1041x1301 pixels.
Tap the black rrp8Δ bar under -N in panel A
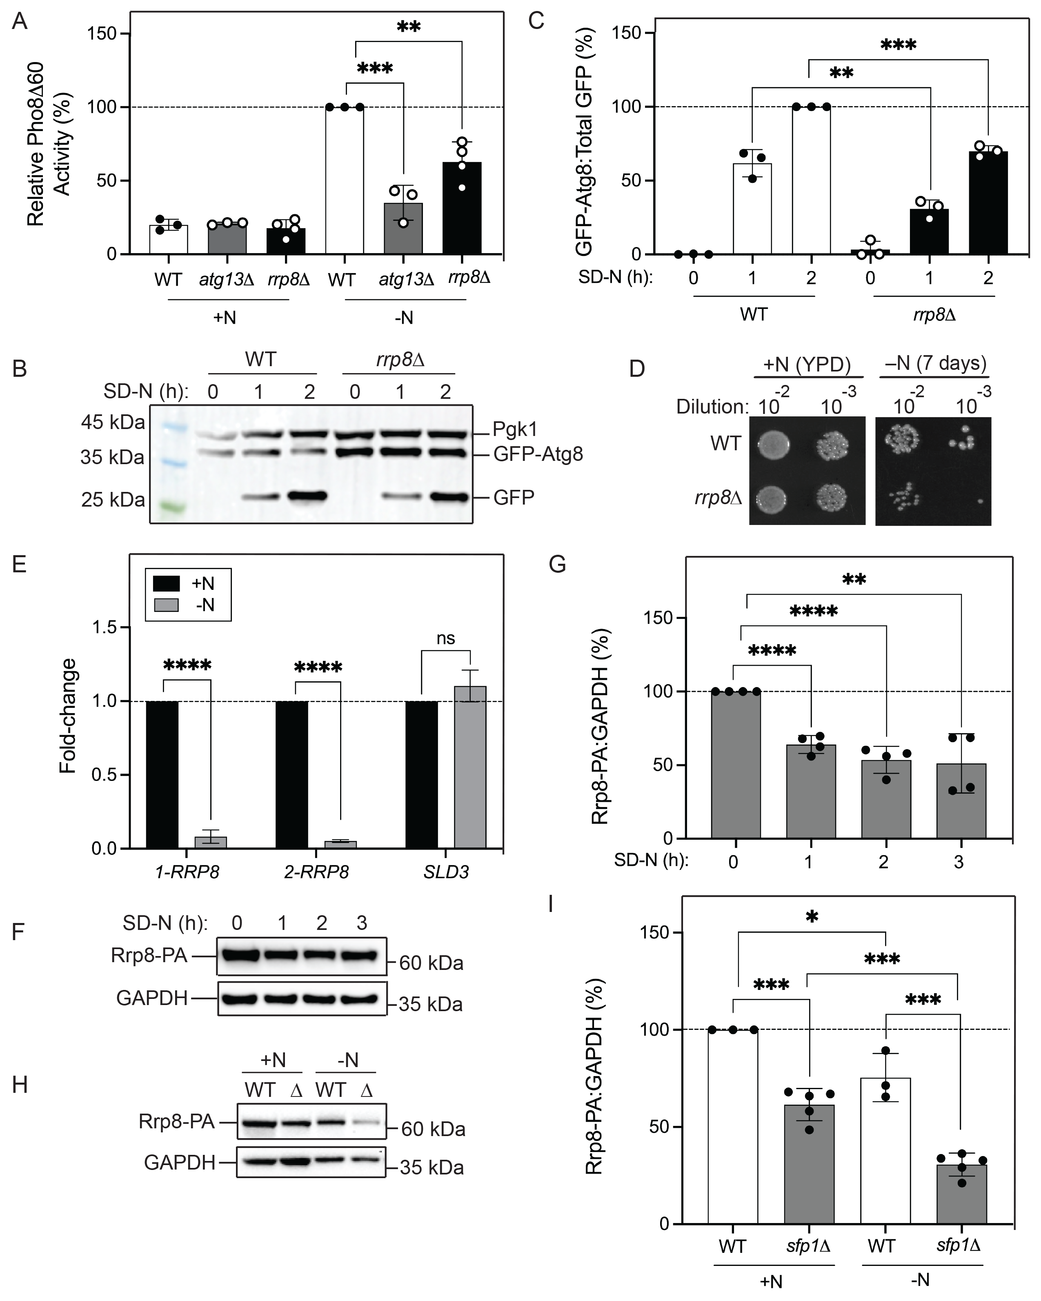462,208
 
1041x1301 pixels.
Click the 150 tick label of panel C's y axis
626,33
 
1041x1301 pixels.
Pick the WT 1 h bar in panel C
752,209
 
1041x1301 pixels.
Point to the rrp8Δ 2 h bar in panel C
988,203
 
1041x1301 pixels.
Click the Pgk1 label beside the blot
514,429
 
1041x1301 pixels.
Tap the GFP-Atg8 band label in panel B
538,454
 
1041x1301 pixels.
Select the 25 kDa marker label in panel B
113,500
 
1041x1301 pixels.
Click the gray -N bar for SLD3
470,767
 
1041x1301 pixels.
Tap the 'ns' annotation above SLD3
445,638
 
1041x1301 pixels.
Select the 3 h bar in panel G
961,801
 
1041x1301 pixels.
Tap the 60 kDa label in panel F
431,963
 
